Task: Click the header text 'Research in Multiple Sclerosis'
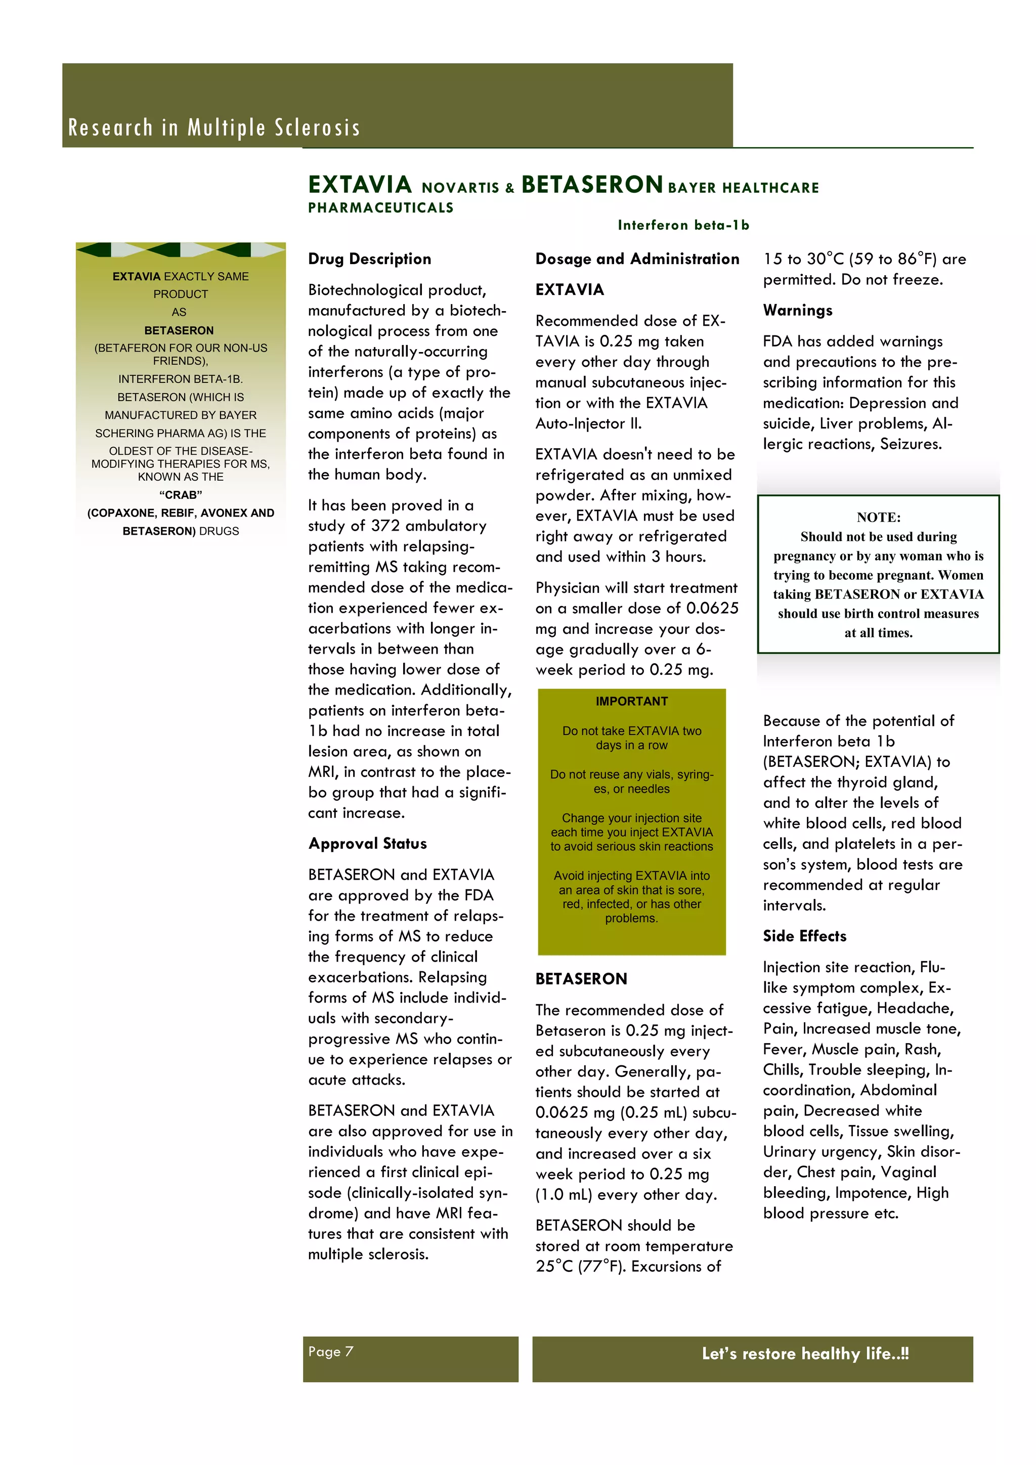214,127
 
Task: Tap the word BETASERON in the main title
592,185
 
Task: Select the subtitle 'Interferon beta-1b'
683,225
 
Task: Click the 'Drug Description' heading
369,259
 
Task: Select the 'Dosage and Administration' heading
637,259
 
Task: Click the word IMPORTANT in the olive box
631,701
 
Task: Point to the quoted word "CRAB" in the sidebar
181,495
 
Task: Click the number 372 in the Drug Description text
385,526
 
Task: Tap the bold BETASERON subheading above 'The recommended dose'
581,979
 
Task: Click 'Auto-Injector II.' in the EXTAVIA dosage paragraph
588,424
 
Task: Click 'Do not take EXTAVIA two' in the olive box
631,730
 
